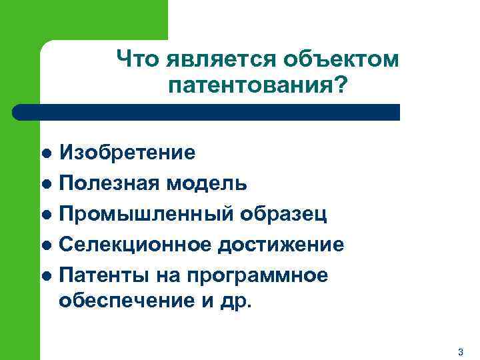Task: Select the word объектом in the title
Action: pos(341,59)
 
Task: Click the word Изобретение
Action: pos(127,153)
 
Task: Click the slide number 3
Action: pos(461,351)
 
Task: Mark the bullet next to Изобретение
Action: pos(46,153)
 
